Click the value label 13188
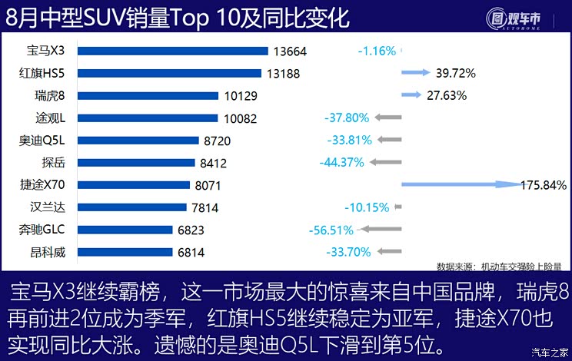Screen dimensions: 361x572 tap(283, 74)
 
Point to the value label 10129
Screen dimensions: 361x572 tap(241, 96)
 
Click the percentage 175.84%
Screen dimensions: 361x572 tap(543, 185)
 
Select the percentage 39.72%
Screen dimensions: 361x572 tap(456, 74)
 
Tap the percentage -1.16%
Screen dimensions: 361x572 tap(377, 51)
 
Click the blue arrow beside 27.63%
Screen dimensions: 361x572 tap(411, 95)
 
